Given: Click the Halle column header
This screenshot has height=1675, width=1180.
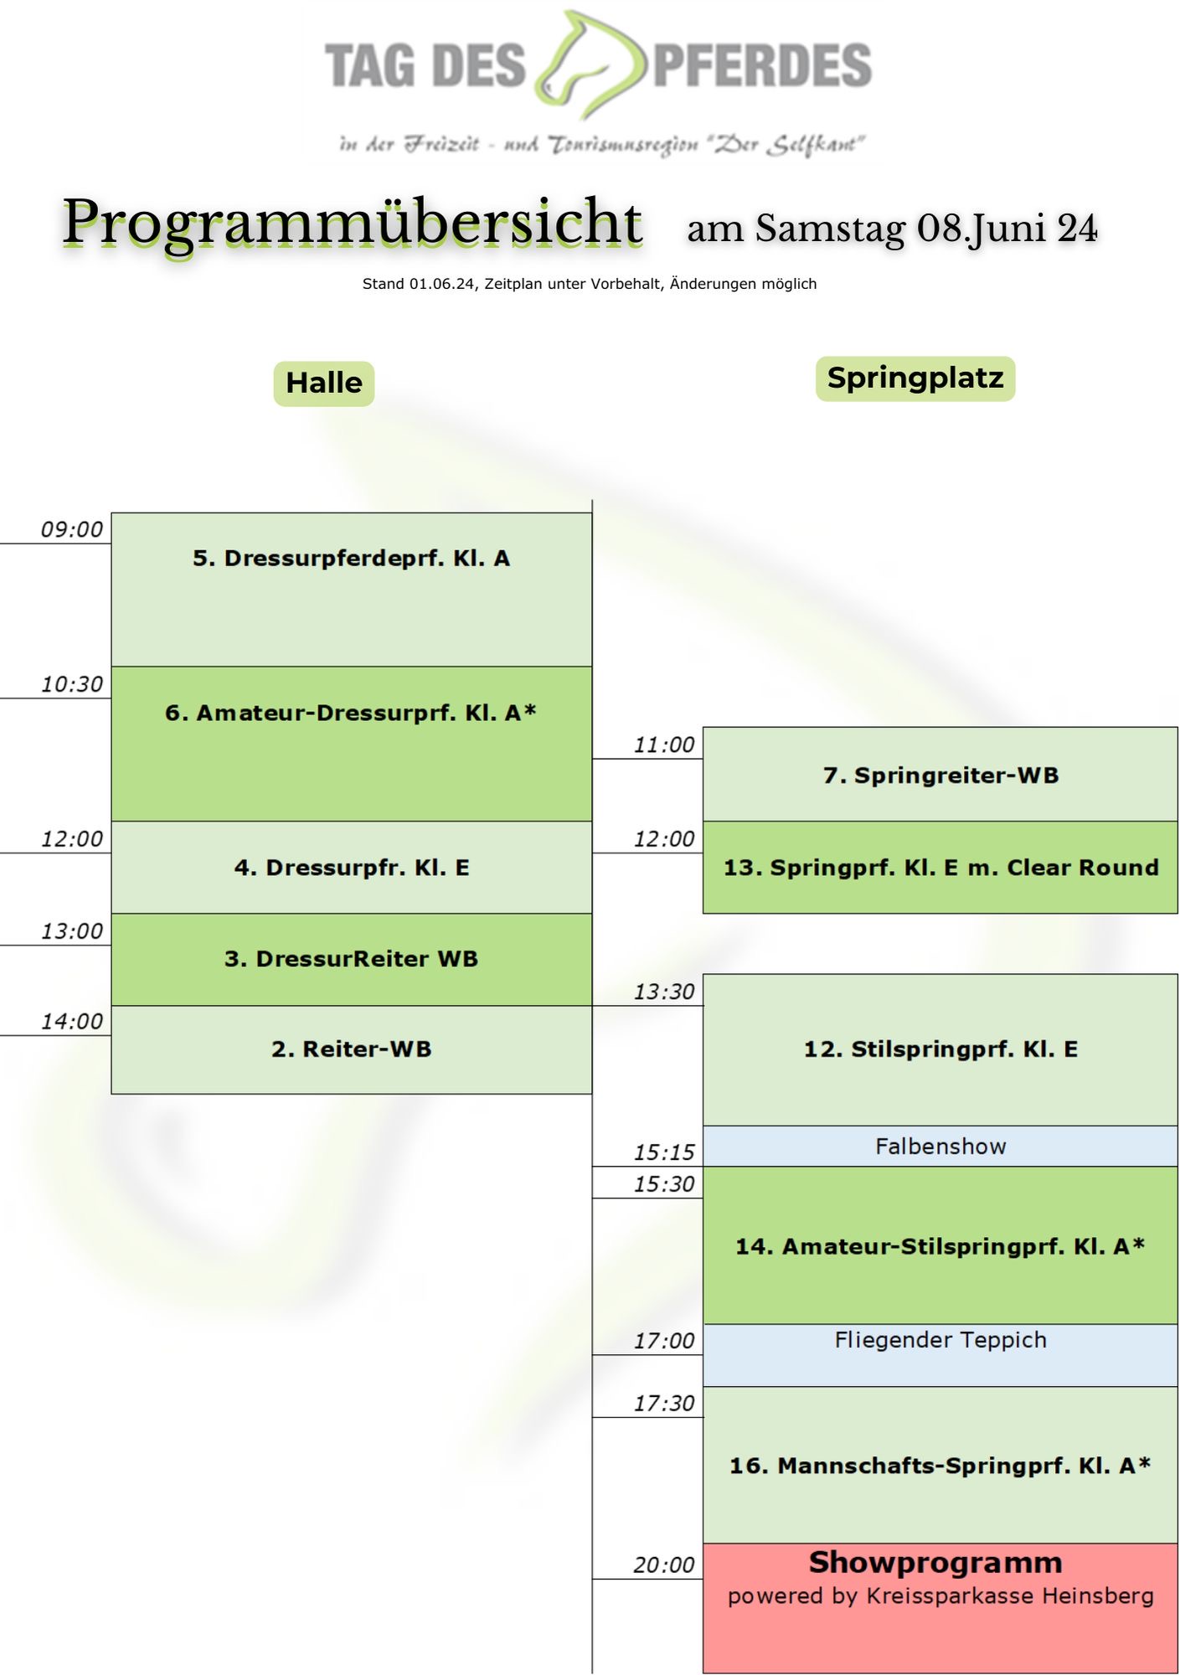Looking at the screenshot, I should [x=324, y=384].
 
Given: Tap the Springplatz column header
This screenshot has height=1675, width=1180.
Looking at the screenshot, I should [x=915, y=379].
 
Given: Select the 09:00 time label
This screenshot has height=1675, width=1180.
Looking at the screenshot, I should [x=72, y=529].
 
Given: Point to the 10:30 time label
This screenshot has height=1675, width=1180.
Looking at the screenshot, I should [x=72, y=684].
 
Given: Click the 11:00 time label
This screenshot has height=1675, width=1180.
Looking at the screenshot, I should [x=664, y=745].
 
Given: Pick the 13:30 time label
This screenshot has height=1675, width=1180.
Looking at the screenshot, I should [x=664, y=992].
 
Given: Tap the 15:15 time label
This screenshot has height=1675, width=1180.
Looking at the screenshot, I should [x=664, y=1152].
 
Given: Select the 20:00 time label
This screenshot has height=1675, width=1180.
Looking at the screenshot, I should [x=664, y=1564].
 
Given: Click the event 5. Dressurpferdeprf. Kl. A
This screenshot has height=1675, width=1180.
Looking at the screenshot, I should [x=351, y=559].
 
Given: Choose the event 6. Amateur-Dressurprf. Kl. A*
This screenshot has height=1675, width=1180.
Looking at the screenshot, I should [x=351, y=713].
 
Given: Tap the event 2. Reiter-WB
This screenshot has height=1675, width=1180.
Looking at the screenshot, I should [x=351, y=1049].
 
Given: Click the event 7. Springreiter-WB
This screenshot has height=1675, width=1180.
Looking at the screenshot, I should [x=940, y=776].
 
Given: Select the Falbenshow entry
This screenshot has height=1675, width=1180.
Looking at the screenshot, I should [x=940, y=1147].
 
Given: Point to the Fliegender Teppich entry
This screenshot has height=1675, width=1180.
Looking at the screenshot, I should [x=940, y=1340].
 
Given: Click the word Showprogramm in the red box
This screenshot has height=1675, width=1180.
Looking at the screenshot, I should [x=935, y=1563].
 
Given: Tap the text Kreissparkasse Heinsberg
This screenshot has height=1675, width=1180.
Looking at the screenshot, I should [x=1009, y=1596].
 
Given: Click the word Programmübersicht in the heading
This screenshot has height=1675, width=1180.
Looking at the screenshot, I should [x=353, y=223].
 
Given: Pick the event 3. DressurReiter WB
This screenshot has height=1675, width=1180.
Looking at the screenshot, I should [x=351, y=959].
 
